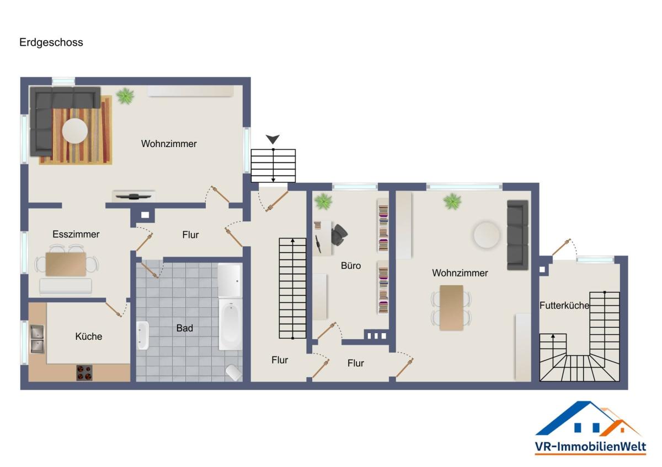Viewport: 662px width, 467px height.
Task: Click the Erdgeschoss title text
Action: (51, 42)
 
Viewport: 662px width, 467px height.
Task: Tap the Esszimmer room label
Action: (76, 234)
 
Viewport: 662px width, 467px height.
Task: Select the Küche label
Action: (89, 336)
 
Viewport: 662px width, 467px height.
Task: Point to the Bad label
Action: (185, 328)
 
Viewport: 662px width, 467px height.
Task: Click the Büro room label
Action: (351, 265)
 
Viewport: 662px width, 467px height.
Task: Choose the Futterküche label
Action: (564, 305)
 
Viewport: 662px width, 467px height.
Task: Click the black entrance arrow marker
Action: (273, 139)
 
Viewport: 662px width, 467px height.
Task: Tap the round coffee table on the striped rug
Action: (75, 131)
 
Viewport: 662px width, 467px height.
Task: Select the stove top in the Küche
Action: (84, 373)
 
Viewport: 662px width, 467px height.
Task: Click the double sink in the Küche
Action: (38, 339)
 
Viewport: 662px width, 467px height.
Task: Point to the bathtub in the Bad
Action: (231, 325)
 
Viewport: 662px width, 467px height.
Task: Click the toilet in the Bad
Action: (234, 373)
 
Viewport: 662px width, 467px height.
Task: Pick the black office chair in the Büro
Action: (339, 235)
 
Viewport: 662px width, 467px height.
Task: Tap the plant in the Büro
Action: (323, 202)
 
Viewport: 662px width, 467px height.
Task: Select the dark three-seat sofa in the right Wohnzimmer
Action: (518, 235)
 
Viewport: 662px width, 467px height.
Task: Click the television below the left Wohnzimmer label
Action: (134, 196)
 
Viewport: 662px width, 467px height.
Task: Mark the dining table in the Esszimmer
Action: (66, 264)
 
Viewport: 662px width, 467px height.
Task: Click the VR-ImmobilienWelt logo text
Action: (590, 447)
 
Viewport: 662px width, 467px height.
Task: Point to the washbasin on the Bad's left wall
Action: (143, 335)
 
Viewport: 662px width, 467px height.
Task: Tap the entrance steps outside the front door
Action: (273, 166)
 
